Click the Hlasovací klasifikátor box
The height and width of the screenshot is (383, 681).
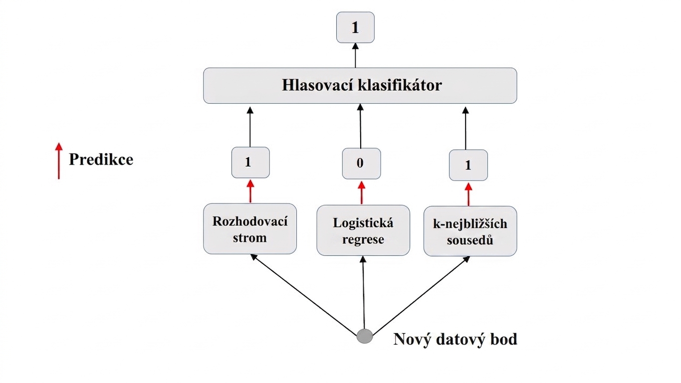coord(360,85)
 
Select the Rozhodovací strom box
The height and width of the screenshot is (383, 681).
coord(250,229)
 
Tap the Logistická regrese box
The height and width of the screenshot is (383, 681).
coord(363,230)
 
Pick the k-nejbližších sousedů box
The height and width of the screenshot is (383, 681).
coord(470,231)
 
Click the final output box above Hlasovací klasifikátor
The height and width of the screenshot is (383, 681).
coord(355,27)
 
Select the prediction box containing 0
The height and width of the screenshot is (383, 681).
coord(361,164)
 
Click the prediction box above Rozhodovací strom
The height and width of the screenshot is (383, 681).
coord(250,162)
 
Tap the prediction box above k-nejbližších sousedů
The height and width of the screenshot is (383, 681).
coord(468,165)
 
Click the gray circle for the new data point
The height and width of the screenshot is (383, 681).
coord(365,336)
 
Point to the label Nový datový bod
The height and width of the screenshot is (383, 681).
coord(455,339)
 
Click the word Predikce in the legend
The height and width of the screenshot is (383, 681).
coord(101,159)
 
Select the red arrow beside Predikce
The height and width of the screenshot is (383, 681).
coord(59,161)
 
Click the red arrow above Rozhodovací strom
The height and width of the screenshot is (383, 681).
coord(250,191)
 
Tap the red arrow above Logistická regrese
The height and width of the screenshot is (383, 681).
coord(362,192)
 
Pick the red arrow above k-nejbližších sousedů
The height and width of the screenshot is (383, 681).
coord(468,194)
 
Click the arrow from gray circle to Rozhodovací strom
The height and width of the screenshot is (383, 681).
coord(304,295)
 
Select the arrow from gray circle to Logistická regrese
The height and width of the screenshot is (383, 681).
coord(364,292)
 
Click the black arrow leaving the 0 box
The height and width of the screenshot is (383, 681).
coord(361,126)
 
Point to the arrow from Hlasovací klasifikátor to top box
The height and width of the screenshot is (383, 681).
coord(355,55)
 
